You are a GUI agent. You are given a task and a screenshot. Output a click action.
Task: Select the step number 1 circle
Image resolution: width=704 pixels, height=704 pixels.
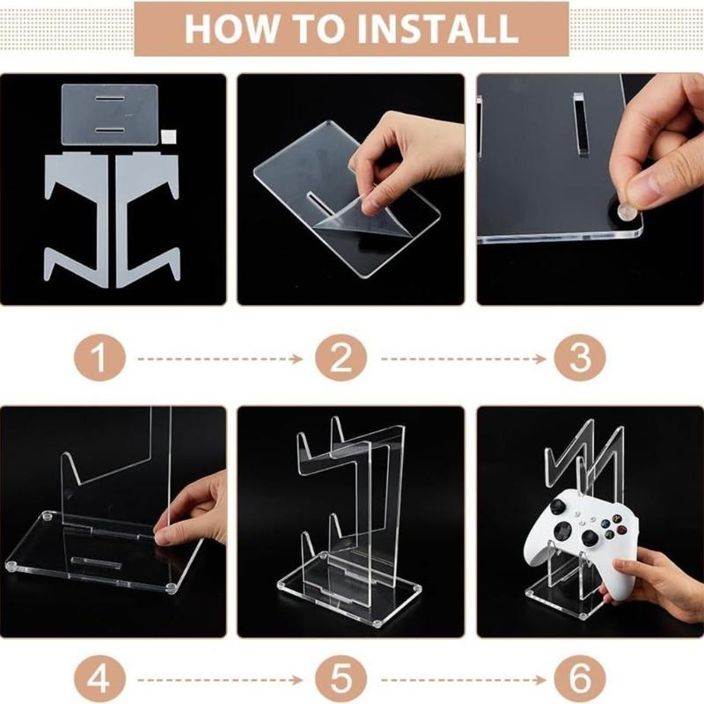pyautogui.click(x=99, y=358)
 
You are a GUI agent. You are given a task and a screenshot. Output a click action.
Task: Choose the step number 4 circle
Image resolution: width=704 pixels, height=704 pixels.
pyautogui.click(x=99, y=680)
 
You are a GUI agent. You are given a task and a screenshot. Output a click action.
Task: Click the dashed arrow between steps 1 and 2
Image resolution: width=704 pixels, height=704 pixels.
pyautogui.click(x=220, y=359)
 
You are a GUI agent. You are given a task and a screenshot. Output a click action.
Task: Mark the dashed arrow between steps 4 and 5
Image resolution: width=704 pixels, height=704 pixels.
pyautogui.click(x=220, y=680)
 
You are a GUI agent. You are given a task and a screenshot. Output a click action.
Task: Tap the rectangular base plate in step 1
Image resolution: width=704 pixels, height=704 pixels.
pyautogui.click(x=108, y=114)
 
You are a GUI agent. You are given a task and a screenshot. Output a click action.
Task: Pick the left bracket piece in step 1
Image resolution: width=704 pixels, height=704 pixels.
pyautogui.click(x=77, y=211)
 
